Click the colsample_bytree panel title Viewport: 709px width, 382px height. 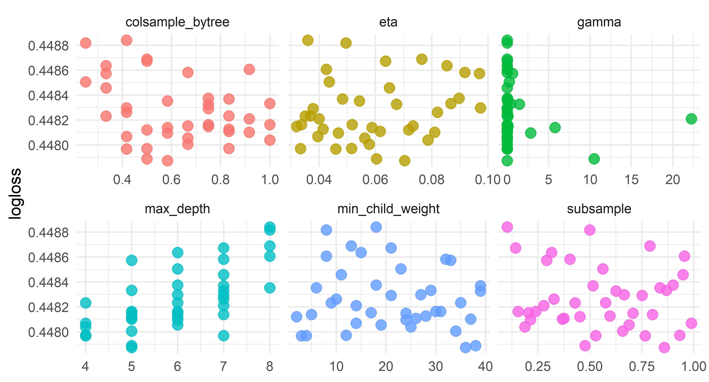point(177,22)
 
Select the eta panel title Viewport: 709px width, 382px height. point(388,22)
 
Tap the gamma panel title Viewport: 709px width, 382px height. point(599,22)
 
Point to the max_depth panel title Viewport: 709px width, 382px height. point(177,209)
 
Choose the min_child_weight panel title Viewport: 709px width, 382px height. point(388,209)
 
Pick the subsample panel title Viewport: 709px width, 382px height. point(599,209)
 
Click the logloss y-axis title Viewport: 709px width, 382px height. point(15,194)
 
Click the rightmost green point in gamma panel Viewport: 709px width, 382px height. point(691,119)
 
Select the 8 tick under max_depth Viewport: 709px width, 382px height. point(269,367)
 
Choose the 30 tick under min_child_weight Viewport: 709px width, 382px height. point(435,367)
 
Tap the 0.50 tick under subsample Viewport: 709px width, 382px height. point(590,367)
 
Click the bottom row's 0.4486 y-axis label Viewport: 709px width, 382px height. point(48,258)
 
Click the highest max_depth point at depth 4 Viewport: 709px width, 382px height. point(86,303)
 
